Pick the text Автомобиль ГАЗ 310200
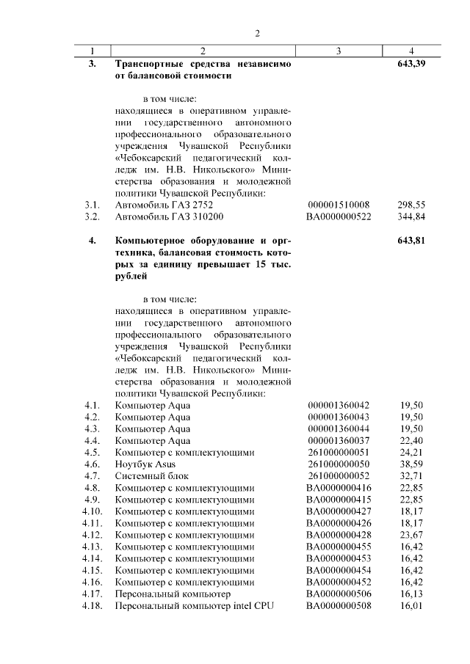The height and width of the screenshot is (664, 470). pyautogui.click(x=169, y=217)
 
